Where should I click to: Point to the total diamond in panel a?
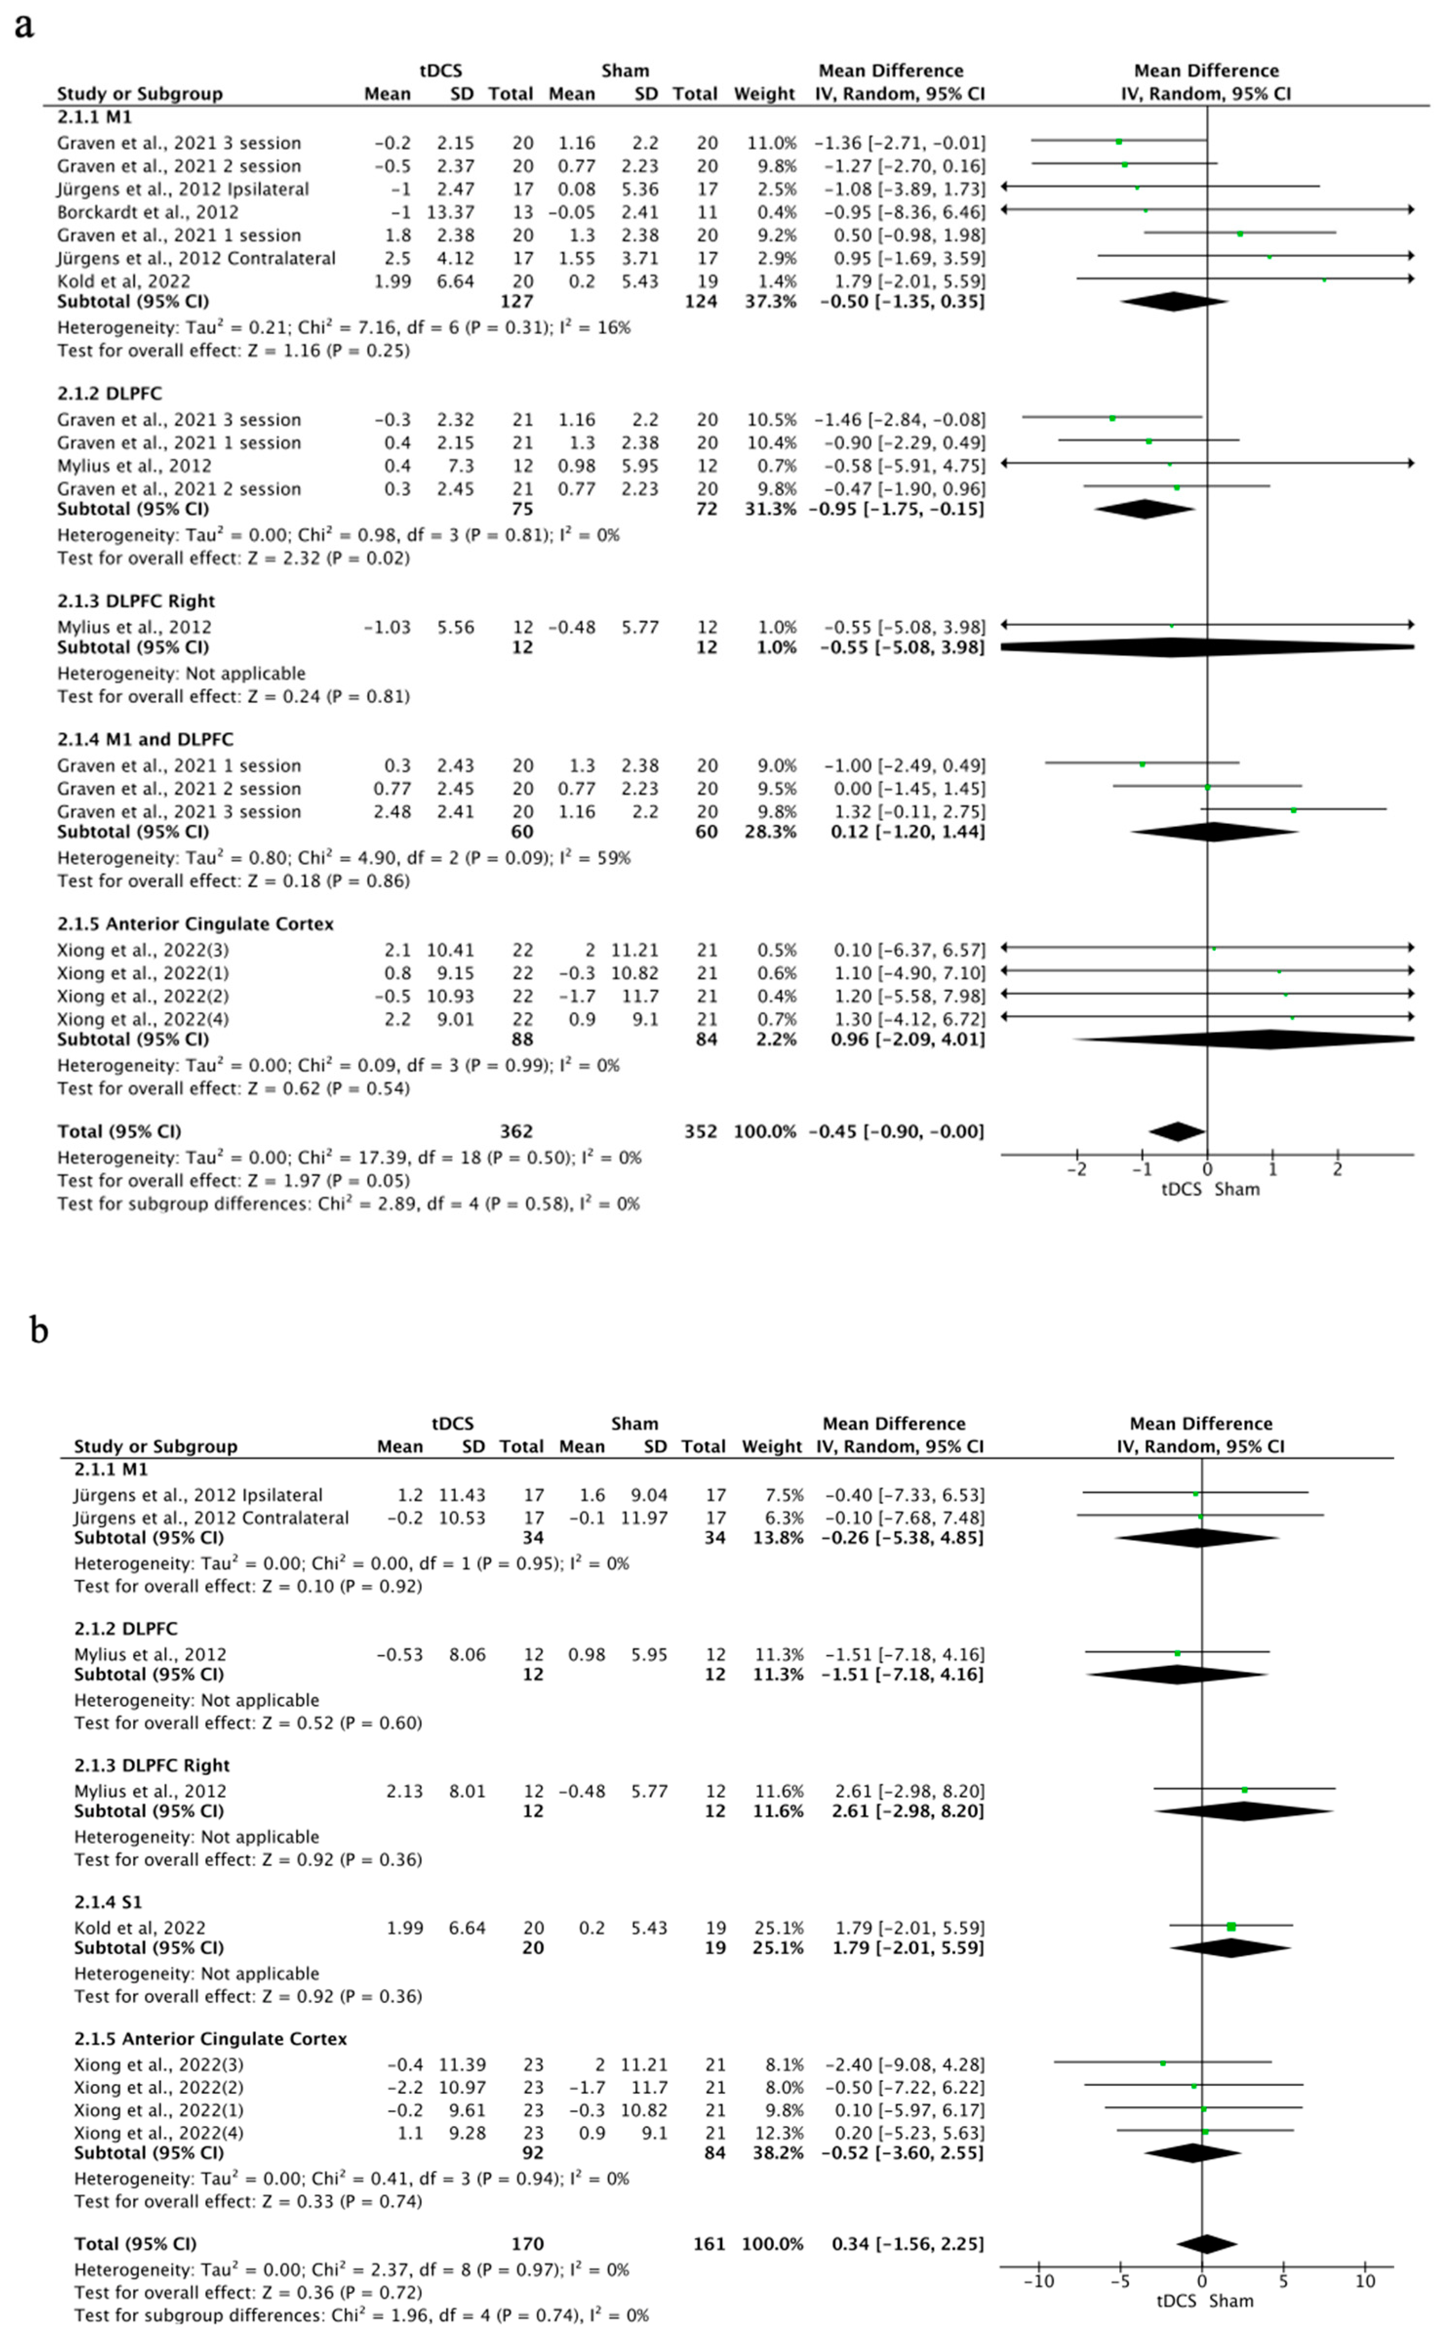click(1177, 1131)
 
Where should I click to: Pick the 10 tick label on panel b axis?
click(1365, 2281)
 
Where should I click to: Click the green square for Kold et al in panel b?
click(1231, 1926)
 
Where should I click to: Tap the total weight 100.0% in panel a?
click(764, 1131)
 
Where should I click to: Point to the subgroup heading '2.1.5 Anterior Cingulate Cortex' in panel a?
click(195, 923)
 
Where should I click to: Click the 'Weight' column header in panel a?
click(764, 94)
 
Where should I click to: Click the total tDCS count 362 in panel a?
click(516, 1131)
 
